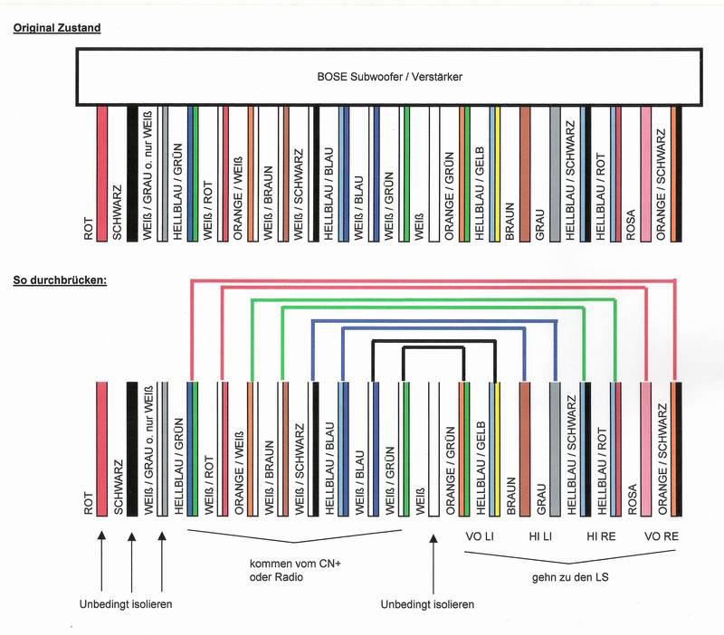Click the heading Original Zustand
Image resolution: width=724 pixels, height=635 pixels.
click(x=56, y=28)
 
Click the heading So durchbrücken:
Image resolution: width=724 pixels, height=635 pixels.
click(x=61, y=280)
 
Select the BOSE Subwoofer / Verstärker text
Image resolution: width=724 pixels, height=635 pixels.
click(x=389, y=78)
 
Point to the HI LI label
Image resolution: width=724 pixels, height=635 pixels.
click(x=541, y=536)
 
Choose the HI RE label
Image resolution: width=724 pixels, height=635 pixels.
click(x=602, y=536)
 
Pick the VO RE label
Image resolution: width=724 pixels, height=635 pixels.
click(x=662, y=536)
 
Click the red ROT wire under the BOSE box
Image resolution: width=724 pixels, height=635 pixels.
click(x=101, y=172)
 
